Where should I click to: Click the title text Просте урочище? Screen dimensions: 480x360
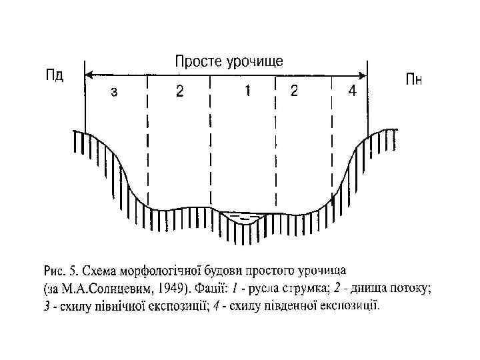click(x=229, y=61)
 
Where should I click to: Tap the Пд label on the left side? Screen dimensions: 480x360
click(x=54, y=74)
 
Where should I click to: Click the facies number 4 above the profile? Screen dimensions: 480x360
click(x=351, y=91)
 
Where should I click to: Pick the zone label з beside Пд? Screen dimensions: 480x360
click(x=114, y=92)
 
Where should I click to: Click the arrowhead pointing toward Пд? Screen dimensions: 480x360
click(x=91, y=74)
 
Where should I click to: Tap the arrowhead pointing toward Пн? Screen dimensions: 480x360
click(x=363, y=74)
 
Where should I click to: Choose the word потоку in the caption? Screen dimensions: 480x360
click(x=413, y=289)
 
